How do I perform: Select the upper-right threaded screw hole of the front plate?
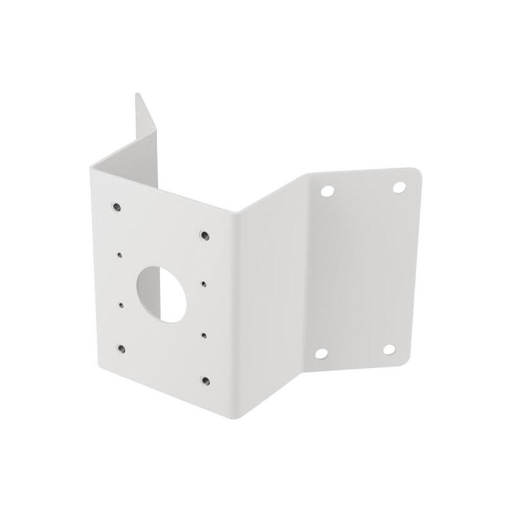[203, 234]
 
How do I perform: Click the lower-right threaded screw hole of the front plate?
[204, 379]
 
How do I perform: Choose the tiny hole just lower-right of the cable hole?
[204, 333]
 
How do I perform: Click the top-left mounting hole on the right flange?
[328, 190]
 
